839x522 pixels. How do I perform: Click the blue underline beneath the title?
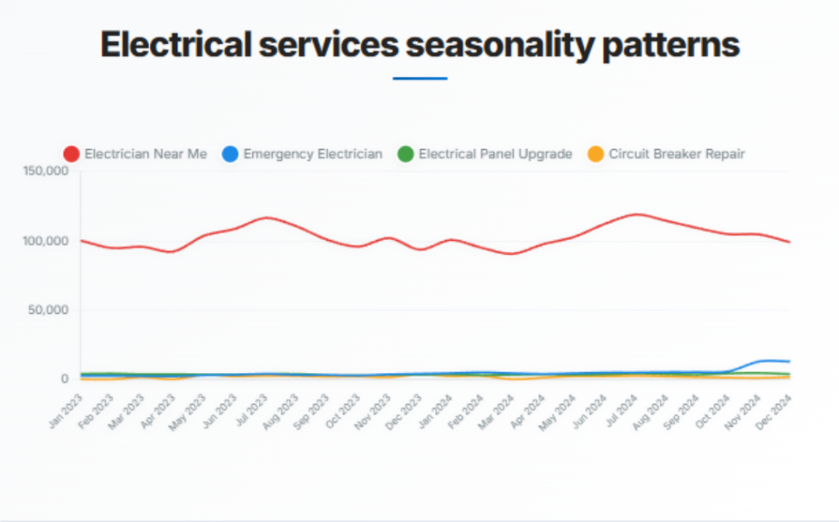click(x=419, y=79)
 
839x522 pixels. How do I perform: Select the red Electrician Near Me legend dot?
click(x=72, y=153)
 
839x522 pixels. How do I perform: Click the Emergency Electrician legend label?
click(x=312, y=153)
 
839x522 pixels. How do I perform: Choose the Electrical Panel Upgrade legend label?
click(x=495, y=153)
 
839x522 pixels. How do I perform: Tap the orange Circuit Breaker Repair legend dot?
click(x=596, y=153)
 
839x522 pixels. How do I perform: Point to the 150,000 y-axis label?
click(x=47, y=171)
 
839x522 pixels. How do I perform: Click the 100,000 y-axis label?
click(x=47, y=241)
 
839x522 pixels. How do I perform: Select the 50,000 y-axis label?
click(x=50, y=310)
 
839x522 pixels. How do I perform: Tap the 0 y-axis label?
click(x=64, y=379)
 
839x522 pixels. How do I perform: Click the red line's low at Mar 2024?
click(x=513, y=253)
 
